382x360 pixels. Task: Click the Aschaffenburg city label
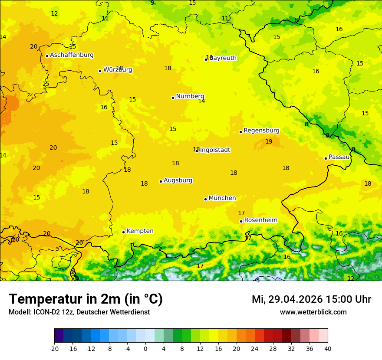tap(72, 55)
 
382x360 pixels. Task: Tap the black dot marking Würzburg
tap(100, 71)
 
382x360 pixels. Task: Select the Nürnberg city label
tap(190, 96)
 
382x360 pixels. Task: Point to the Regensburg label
tap(261, 131)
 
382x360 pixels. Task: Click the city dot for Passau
tap(326, 158)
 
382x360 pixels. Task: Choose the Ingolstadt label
tap(215, 150)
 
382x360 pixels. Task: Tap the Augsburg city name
tap(178, 180)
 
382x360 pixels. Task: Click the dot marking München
tap(205, 199)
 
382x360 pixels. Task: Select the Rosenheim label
tap(260, 220)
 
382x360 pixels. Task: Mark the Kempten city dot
tap(123, 232)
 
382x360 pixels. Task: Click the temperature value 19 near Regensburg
tap(269, 141)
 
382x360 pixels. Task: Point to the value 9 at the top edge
tap(152, 3)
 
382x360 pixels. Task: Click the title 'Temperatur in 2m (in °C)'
tap(86, 299)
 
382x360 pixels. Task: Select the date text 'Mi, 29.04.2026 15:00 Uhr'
tap(311, 299)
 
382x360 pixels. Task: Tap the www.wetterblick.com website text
tap(313, 312)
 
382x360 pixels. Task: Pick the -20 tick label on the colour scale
tap(54, 348)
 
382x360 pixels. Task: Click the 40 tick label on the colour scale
tap(328, 348)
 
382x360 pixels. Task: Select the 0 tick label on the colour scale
tap(145, 348)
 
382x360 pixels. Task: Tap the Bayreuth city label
tap(223, 58)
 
